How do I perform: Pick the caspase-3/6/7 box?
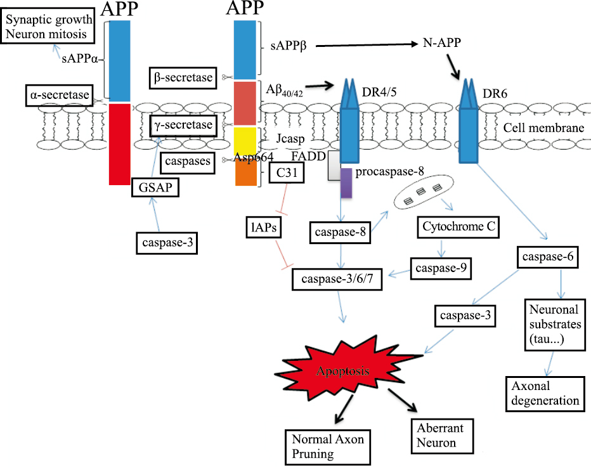tap(337, 279)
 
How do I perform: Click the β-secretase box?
tap(183, 77)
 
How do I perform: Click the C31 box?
tap(285, 172)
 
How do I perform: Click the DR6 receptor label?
tap(495, 93)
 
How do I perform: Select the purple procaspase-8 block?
tap(346, 182)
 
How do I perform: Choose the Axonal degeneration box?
tap(545, 393)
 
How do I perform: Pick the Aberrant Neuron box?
tap(436, 435)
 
